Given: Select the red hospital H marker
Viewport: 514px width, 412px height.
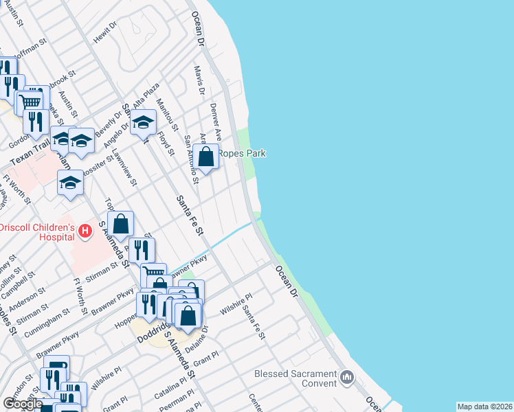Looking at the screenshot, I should click(x=85, y=231).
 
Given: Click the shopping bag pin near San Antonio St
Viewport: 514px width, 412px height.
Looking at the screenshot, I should click(x=205, y=157).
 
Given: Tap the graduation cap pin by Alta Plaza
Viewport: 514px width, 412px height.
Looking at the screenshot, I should click(x=143, y=123).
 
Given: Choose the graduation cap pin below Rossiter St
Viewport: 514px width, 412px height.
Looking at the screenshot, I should click(x=70, y=183).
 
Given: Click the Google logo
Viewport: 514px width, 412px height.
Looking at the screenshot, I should click(x=22, y=404).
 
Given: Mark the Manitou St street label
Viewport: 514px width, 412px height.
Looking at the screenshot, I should click(x=167, y=115).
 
